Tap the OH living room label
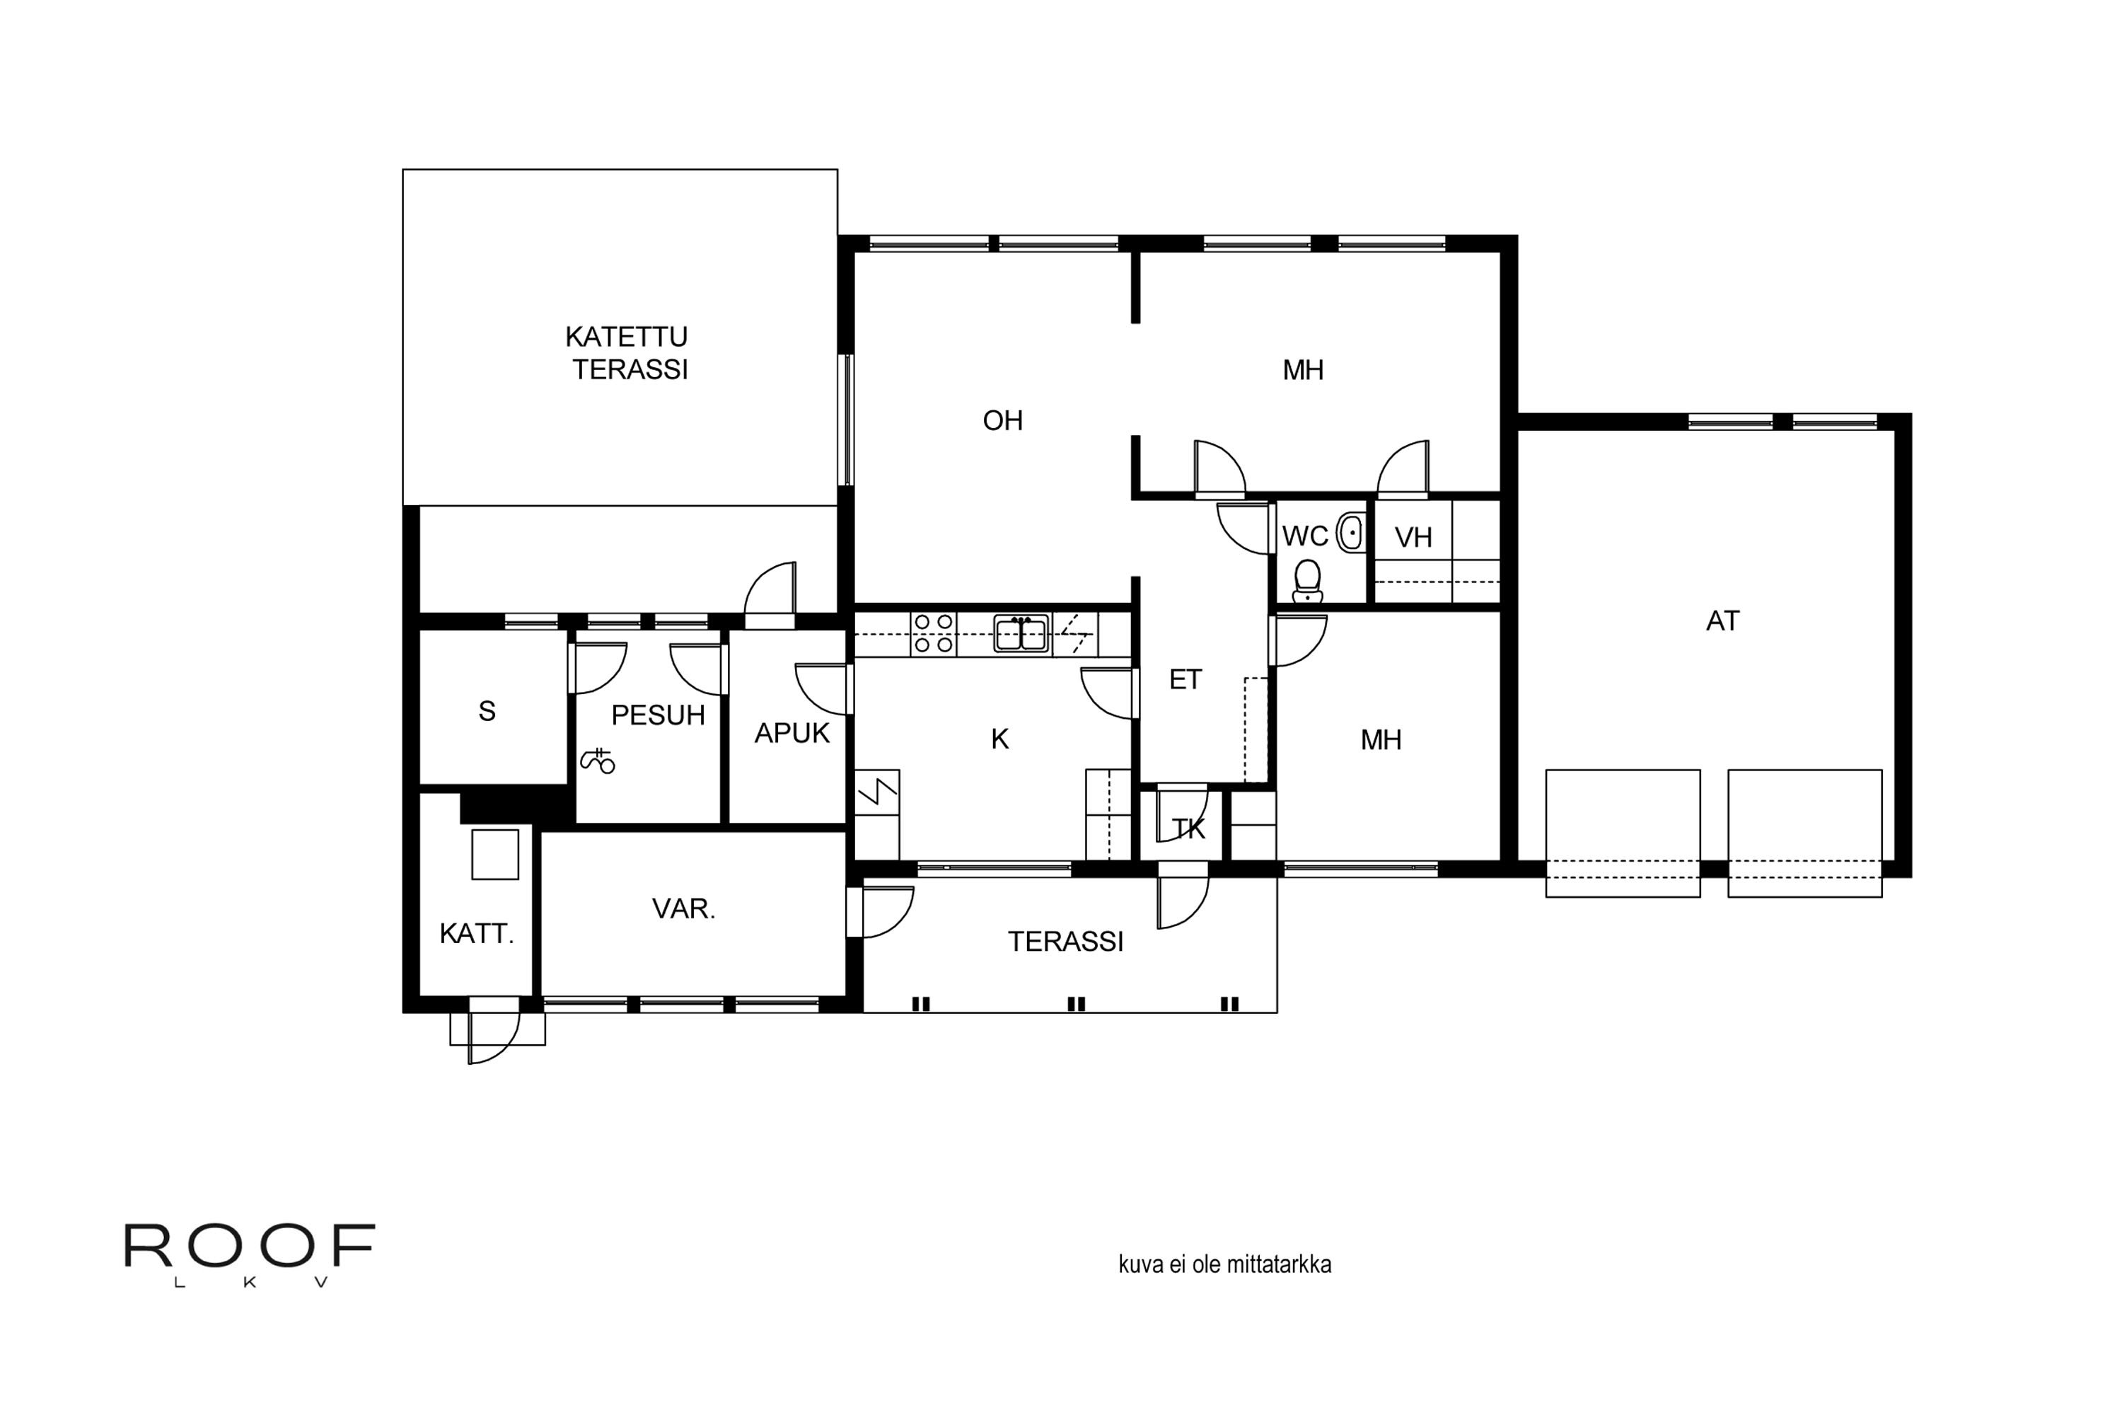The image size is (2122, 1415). tap(1002, 420)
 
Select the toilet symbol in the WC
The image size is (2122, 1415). tap(1307, 581)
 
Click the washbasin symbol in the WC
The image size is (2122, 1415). tap(1350, 533)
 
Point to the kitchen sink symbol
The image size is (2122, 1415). tap(1021, 633)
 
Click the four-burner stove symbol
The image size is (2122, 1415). tap(934, 633)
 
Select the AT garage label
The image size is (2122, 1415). tap(1722, 621)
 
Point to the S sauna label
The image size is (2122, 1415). tap(487, 711)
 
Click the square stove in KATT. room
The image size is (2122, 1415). tap(495, 854)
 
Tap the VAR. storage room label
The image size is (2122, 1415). tap(684, 908)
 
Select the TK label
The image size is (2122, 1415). tap(1188, 828)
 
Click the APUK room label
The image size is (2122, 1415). tap(792, 733)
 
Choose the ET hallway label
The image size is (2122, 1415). tap(1185, 679)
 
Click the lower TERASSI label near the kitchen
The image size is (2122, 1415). tap(1065, 941)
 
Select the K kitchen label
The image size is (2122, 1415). tap(999, 739)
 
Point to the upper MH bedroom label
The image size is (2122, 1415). tap(1303, 370)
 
